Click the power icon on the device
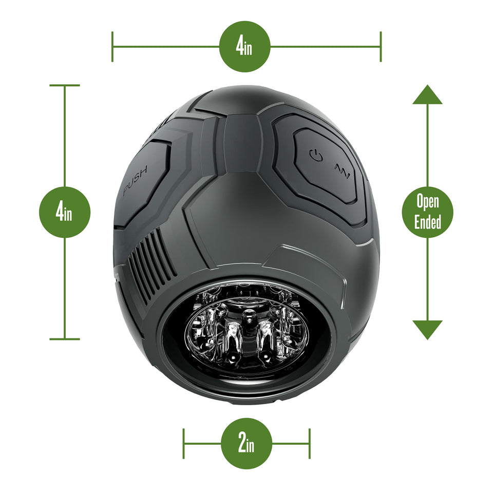point(316,155)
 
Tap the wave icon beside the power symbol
point(342,169)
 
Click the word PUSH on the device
point(135,181)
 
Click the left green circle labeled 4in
point(65,212)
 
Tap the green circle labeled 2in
point(246,443)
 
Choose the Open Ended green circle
point(427,212)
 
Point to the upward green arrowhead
point(427,95)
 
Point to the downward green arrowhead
point(427,329)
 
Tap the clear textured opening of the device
point(247,332)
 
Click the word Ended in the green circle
point(427,222)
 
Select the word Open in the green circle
point(427,201)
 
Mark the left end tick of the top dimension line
point(112,46)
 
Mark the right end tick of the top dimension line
point(381,46)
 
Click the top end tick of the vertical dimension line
point(65,85)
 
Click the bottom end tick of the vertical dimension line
point(65,339)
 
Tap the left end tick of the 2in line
point(184,443)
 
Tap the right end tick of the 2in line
point(310,443)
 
